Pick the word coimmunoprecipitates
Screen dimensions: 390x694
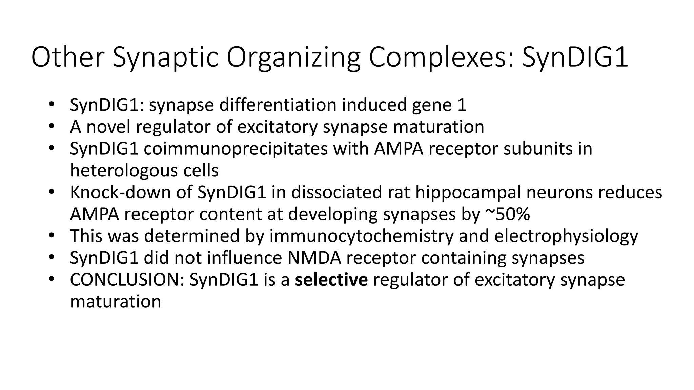point(236,149)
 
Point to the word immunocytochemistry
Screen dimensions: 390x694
point(361,236)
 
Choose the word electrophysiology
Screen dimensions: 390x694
point(566,236)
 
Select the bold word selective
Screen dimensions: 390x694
point(331,280)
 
